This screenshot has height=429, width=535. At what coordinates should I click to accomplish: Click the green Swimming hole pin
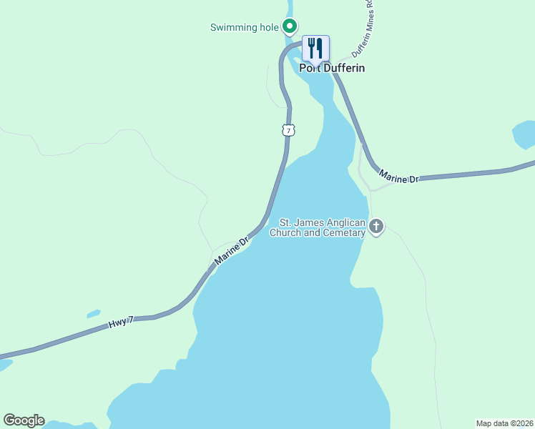(290, 27)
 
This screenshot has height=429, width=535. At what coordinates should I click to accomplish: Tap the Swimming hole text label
(243, 28)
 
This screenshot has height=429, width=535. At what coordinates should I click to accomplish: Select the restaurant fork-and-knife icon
(315, 48)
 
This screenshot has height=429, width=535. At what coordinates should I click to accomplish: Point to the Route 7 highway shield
(288, 130)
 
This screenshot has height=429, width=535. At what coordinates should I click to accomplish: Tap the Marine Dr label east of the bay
(398, 177)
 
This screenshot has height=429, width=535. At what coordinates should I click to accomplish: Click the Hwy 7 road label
(121, 324)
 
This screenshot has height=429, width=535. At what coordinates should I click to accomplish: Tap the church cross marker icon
(376, 227)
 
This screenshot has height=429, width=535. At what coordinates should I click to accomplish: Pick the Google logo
(24, 420)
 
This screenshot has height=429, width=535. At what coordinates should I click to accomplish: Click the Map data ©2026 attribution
(504, 423)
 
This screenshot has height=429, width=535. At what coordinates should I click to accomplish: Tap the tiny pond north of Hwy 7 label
(93, 314)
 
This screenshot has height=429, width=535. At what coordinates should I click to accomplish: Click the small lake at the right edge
(524, 134)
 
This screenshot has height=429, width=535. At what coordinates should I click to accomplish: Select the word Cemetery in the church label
(345, 232)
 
